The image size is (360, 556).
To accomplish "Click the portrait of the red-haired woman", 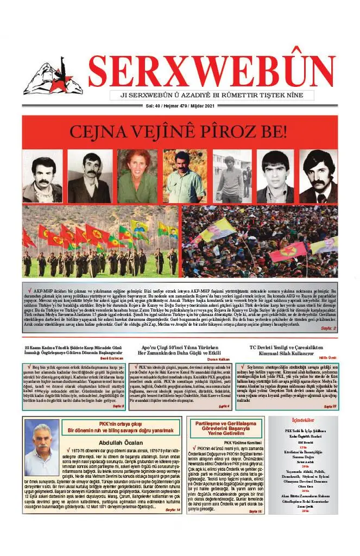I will coord(137,176).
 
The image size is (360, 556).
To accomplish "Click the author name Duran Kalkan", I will coord(220,359).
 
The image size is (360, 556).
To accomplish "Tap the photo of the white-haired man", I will coord(42,447).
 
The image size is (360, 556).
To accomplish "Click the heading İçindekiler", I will coord(303,420).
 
